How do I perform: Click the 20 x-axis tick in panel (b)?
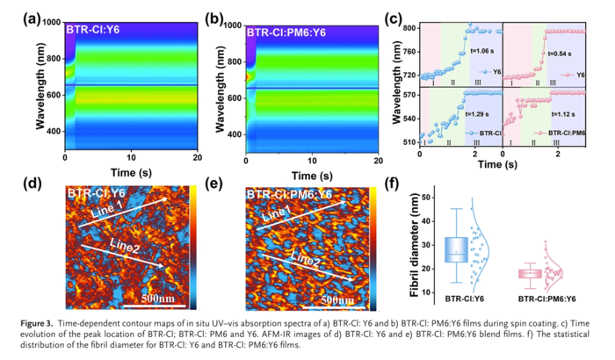(x=377, y=158)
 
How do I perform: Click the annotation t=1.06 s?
(x=478, y=50)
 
